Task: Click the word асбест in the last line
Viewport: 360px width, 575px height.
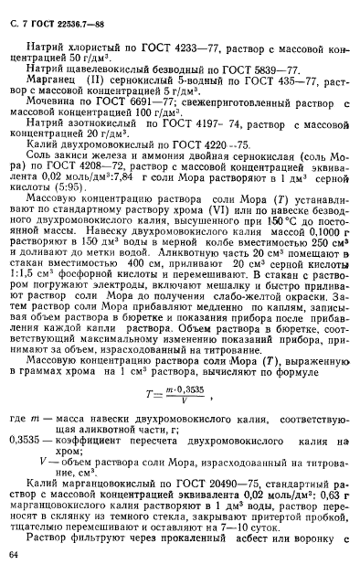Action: click(256, 547)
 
